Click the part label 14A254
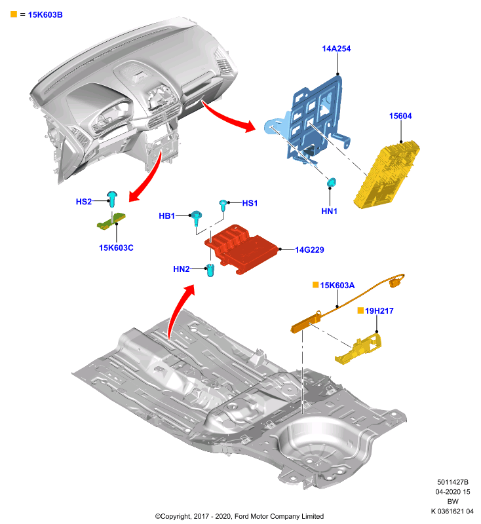point(336,48)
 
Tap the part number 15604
point(400,116)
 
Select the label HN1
point(329,211)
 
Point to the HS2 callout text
point(84,202)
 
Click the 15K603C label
point(116,248)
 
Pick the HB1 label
point(167,216)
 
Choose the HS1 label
point(250,203)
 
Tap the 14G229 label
point(309,250)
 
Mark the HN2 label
point(182,269)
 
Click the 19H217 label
point(379,310)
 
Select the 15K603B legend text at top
point(45,14)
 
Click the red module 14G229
point(241,249)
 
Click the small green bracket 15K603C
point(111,221)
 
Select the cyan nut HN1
point(331,183)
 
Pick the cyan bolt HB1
point(196,217)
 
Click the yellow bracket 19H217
point(359,349)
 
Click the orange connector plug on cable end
point(396,282)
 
